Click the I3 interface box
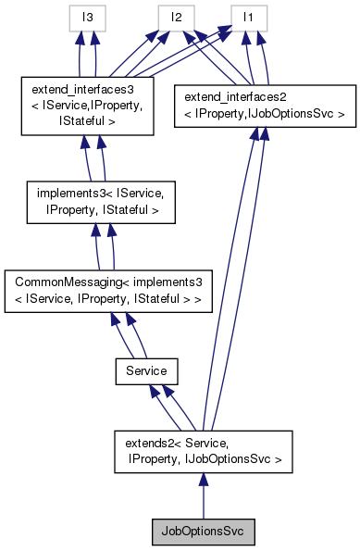[x=89, y=18]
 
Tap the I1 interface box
[x=247, y=18]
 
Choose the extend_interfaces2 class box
[x=264, y=104]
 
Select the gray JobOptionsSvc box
[x=203, y=532]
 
